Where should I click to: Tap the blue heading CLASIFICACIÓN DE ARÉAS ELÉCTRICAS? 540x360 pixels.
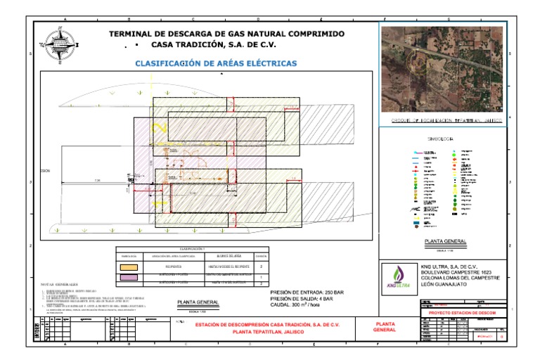tap(216, 63)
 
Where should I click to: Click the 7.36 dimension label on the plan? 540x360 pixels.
tap(96, 181)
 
